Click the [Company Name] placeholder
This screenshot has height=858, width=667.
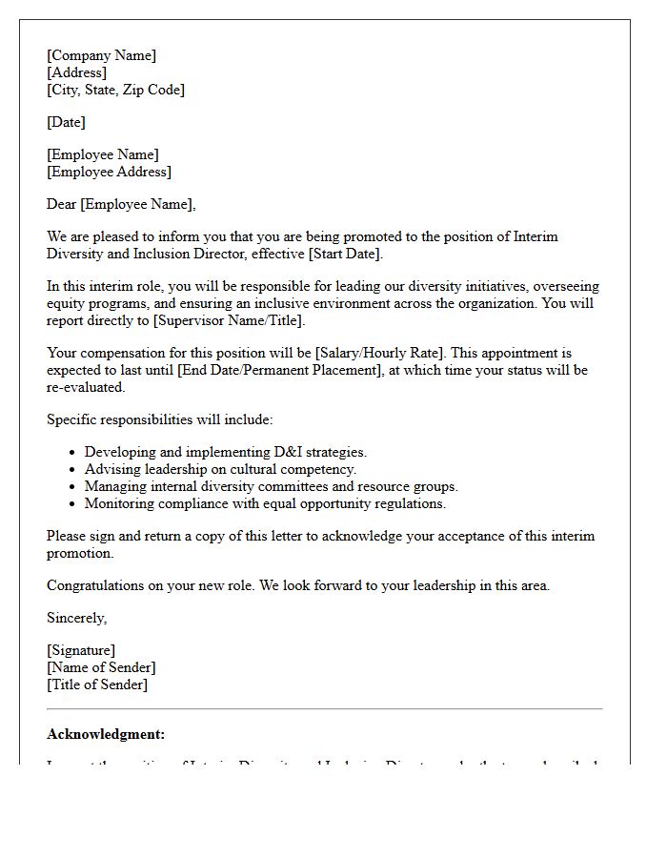101,55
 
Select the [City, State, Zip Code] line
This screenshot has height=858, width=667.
115,90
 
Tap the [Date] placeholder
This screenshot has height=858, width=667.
66,122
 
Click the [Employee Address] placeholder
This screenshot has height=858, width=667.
109,172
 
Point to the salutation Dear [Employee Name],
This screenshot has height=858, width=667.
121,204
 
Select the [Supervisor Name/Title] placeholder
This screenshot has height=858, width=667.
229,320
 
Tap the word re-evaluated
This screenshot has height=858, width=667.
86,387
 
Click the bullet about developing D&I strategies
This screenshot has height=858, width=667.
225,452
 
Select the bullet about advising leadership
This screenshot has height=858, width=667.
220,469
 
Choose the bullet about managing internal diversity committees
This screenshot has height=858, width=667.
271,486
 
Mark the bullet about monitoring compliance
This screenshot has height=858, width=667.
265,503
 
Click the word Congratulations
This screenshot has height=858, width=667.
95,585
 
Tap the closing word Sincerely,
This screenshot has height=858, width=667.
76,618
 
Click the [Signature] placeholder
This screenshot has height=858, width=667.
81,650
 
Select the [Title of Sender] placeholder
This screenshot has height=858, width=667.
97,684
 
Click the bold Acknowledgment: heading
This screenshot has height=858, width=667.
106,734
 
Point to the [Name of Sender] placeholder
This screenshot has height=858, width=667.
101,667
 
